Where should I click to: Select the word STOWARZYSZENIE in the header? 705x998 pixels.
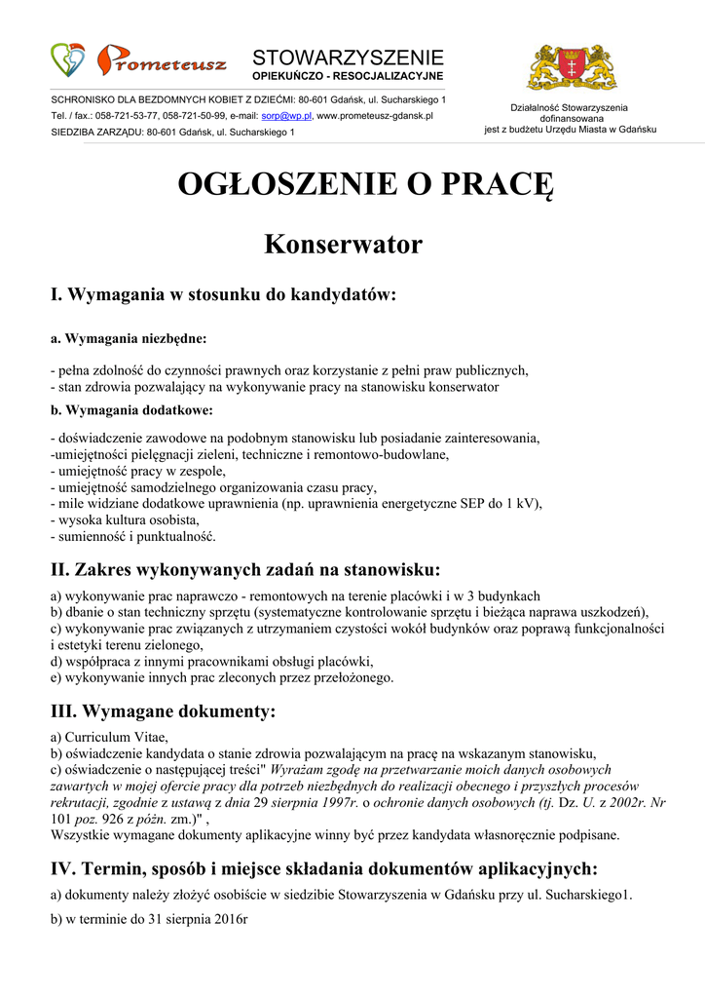[x=348, y=57]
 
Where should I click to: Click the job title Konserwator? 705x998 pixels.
[x=343, y=244]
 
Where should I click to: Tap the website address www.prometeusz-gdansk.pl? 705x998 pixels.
[x=376, y=116]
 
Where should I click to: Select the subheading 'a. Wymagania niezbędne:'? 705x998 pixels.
[x=128, y=339]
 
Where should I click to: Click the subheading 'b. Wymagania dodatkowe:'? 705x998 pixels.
[x=131, y=409]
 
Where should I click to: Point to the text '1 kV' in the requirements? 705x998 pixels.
[x=519, y=504]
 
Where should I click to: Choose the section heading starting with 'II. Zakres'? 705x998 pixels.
[x=245, y=569]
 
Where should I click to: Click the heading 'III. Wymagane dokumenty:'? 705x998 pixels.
[x=163, y=711]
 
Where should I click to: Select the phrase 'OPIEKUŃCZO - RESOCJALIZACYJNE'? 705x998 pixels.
[x=348, y=75]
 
